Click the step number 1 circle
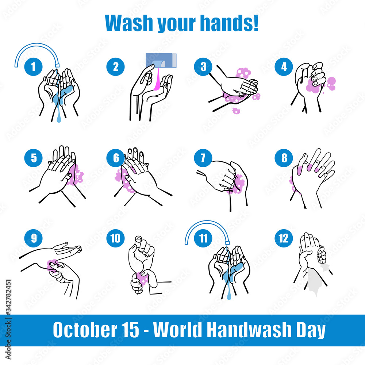(33, 67)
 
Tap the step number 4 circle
(284, 67)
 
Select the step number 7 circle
(203, 158)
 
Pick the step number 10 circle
(115, 238)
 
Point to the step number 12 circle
(284, 238)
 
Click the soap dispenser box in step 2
(161, 60)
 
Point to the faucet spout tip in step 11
(227, 243)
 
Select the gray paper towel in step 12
(316, 279)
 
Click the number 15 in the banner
(131, 330)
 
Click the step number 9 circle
(33, 238)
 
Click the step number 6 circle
(115, 158)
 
